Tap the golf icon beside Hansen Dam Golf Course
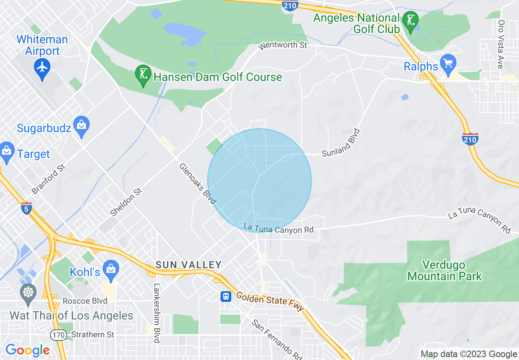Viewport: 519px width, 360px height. point(143,75)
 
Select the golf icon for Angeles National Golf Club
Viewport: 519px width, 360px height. point(410,20)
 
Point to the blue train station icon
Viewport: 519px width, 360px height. point(226,296)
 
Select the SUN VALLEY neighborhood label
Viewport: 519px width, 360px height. point(188,265)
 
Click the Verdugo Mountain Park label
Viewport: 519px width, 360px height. point(445,270)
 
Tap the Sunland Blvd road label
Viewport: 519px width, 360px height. point(341,143)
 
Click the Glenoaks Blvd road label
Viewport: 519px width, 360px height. point(197,184)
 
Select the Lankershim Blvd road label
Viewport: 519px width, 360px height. point(156,313)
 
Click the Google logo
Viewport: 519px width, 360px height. point(27,350)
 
